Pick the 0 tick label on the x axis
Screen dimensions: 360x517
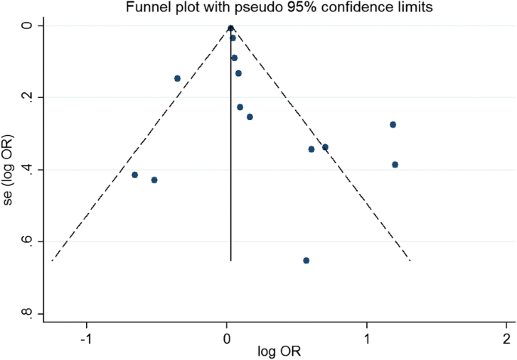click(x=227, y=337)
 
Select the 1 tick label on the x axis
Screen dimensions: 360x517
click(x=367, y=337)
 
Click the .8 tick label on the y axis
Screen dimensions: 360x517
click(x=28, y=313)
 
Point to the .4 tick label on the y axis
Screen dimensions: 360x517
click(x=28, y=169)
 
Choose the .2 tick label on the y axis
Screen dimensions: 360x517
click(x=28, y=97)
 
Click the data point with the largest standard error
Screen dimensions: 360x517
click(x=306, y=260)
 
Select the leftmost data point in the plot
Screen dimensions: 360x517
click(x=135, y=175)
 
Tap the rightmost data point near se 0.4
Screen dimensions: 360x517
click(x=395, y=165)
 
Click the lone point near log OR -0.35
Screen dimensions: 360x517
click(x=177, y=78)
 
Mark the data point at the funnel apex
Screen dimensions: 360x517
click(x=230, y=28)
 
